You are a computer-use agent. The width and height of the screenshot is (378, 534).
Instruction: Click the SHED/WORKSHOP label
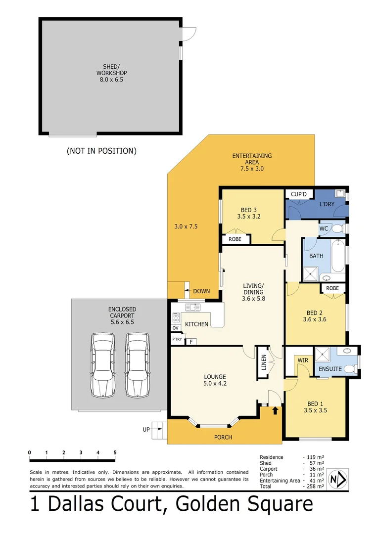click(x=111, y=73)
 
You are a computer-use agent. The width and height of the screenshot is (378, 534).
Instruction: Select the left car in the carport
click(x=103, y=365)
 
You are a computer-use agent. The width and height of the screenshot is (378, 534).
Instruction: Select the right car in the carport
click(x=137, y=365)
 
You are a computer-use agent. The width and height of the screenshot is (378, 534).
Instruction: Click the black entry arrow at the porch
click(x=275, y=410)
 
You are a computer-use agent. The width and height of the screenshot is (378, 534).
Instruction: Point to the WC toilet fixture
click(x=337, y=228)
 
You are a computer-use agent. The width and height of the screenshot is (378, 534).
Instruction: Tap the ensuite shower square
click(x=324, y=354)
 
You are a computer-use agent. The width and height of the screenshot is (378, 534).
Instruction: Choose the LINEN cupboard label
click(x=264, y=362)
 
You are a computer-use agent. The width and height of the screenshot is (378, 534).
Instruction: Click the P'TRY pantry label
click(x=177, y=340)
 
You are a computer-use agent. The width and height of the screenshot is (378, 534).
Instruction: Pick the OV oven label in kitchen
click(x=175, y=328)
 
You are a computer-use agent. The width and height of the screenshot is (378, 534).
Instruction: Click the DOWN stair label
click(x=202, y=291)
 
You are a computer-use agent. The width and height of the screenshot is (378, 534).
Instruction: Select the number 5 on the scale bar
click(x=115, y=452)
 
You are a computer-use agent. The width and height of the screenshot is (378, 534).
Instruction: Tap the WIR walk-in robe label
click(x=303, y=360)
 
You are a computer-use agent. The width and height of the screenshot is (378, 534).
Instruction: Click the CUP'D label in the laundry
click(x=299, y=194)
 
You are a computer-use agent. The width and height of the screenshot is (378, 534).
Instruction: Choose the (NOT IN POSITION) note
click(x=101, y=151)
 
